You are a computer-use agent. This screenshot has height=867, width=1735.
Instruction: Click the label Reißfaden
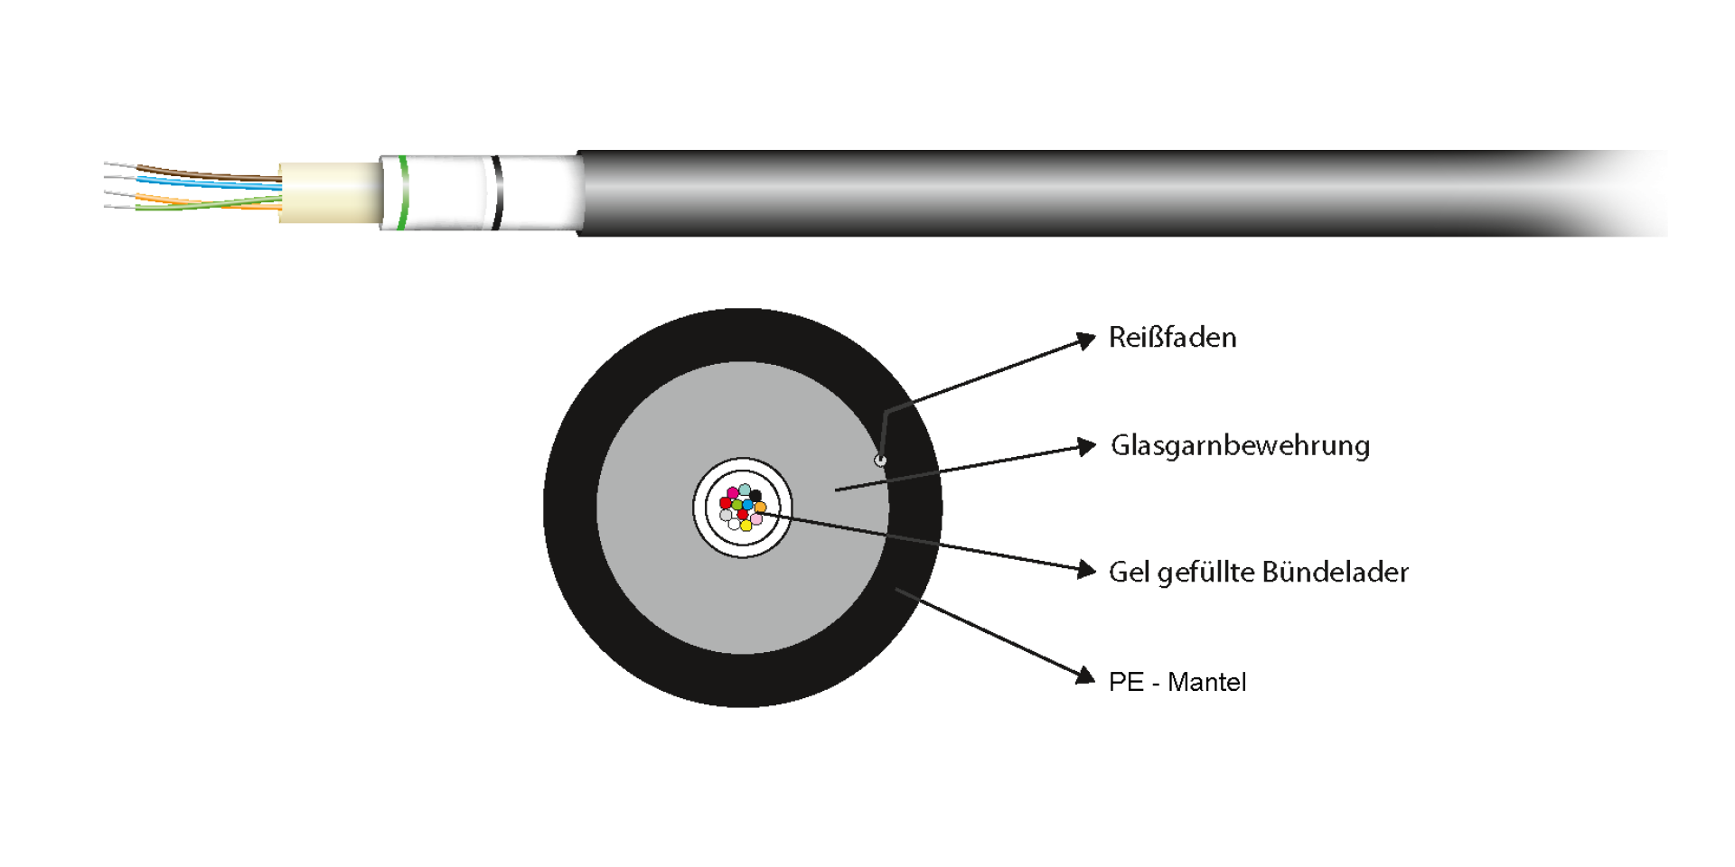(x=1172, y=338)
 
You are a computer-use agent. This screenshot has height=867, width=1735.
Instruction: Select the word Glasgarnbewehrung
(x=1240, y=445)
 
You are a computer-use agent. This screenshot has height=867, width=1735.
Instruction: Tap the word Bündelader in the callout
(x=1335, y=572)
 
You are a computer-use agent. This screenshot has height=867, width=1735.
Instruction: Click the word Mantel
(x=1206, y=682)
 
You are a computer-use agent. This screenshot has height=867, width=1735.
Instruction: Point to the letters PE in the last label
(x=1126, y=682)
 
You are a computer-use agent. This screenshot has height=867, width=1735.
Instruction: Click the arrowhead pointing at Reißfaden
(x=1087, y=340)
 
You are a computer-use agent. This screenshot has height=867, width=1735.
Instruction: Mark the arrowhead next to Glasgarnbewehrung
(x=1088, y=446)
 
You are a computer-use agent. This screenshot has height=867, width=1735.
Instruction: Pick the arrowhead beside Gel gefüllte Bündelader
(x=1088, y=569)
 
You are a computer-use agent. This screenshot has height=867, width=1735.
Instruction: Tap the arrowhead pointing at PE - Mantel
(x=1085, y=676)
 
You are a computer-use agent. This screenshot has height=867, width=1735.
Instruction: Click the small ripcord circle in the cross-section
(x=880, y=461)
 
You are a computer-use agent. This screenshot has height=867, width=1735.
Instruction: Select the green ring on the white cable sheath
(x=403, y=192)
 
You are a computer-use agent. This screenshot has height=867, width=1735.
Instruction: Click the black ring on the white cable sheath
(x=496, y=192)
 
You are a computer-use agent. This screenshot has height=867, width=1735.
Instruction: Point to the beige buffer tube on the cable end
(x=330, y=192)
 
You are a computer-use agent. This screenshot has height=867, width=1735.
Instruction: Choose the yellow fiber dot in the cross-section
(x=746, y=526)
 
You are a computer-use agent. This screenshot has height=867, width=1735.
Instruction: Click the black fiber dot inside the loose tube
(x=755, y=496)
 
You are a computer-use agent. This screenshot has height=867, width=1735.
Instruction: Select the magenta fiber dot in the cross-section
(x=733, y=492)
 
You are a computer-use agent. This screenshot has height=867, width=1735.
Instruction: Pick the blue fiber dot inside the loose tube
(x=747, y=505)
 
